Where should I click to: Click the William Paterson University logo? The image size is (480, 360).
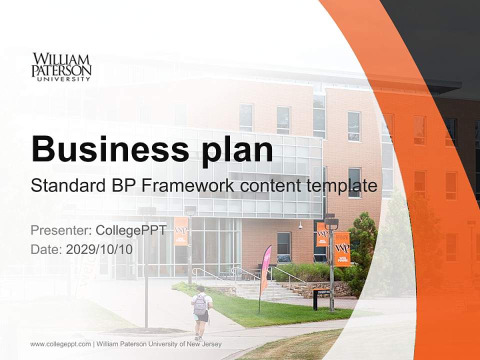tap(61, 66)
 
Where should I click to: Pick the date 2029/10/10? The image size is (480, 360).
tap(99, 249)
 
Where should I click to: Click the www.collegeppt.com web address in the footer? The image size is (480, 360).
tap(60, 344)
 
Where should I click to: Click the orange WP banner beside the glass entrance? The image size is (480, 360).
tap(181, 231)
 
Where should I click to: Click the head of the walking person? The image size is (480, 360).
tap(200, 289)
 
